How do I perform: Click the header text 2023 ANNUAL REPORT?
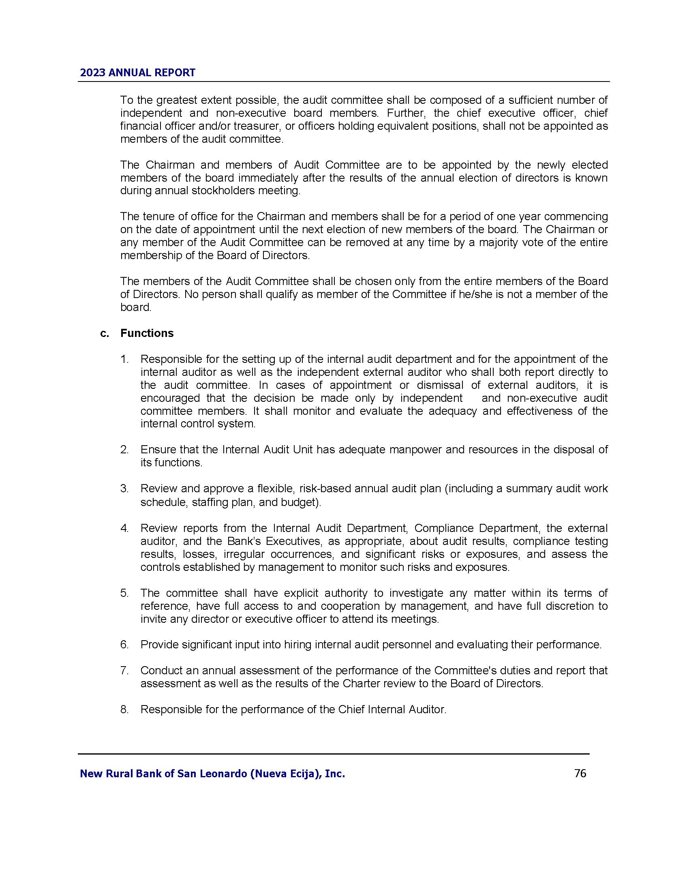[x=137, y=73]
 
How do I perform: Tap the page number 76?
[x=580, y=773]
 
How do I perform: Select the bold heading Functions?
[x=147, y=333]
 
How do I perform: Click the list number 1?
[x=124, y=359]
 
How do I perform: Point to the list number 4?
[x=124, y=528]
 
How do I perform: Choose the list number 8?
[x=124, y=710]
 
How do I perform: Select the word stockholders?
[x=222, y=191]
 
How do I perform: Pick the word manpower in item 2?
[x=415, y=450]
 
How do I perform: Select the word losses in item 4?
[x=199, y=554]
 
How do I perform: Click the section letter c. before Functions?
[x=105, y=333]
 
